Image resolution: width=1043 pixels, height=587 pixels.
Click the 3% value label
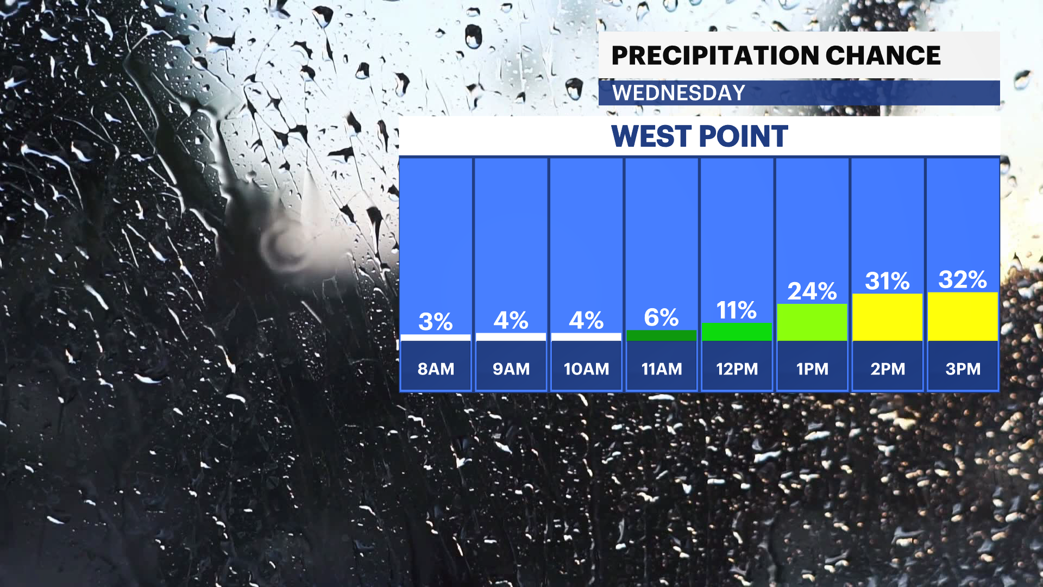pyautogui.click(x=435, y=322)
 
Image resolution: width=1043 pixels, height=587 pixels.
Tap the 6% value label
pyautogui.click(x=661, y=317)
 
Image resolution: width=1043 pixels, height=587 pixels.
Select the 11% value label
pyautogui.click(x=736, y=310)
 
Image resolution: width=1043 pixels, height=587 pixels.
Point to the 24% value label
pyautogui.click(x=812, y=291)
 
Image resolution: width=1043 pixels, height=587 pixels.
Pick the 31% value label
pyautogui.click(x=887, y=281)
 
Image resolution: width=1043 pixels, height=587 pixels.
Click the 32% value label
pyautogui.click(x=963, y=280)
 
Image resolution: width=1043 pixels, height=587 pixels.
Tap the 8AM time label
pyautogui.click(x=436, y=369)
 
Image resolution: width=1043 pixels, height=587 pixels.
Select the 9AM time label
pyautogui.click(x=511, y=369)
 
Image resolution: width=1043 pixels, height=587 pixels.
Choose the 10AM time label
pyautogui.click(x=586, y=369)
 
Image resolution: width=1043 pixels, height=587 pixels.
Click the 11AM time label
pyautogui.click(x=662, y=369)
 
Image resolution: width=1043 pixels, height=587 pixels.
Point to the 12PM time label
pyautogui.click(x=737, y=369)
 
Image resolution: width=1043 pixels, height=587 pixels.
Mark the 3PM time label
pyautogui.click(x=963, y=369)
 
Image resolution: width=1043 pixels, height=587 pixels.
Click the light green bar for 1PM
pyautogui.click(x=812, y=322)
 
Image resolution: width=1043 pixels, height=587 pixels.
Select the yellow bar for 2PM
pyautogui.click(x=888, y=317)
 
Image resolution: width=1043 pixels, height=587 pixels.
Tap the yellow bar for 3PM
pyautogui.click(x=963, y=317)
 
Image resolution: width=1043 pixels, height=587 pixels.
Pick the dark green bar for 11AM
pyautogui.click(x=662, y=335)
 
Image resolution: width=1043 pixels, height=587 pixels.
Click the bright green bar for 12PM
pyautogui.click(x=737, y=332)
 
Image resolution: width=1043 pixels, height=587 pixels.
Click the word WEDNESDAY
pyautogui.click(x=678, y=93)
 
